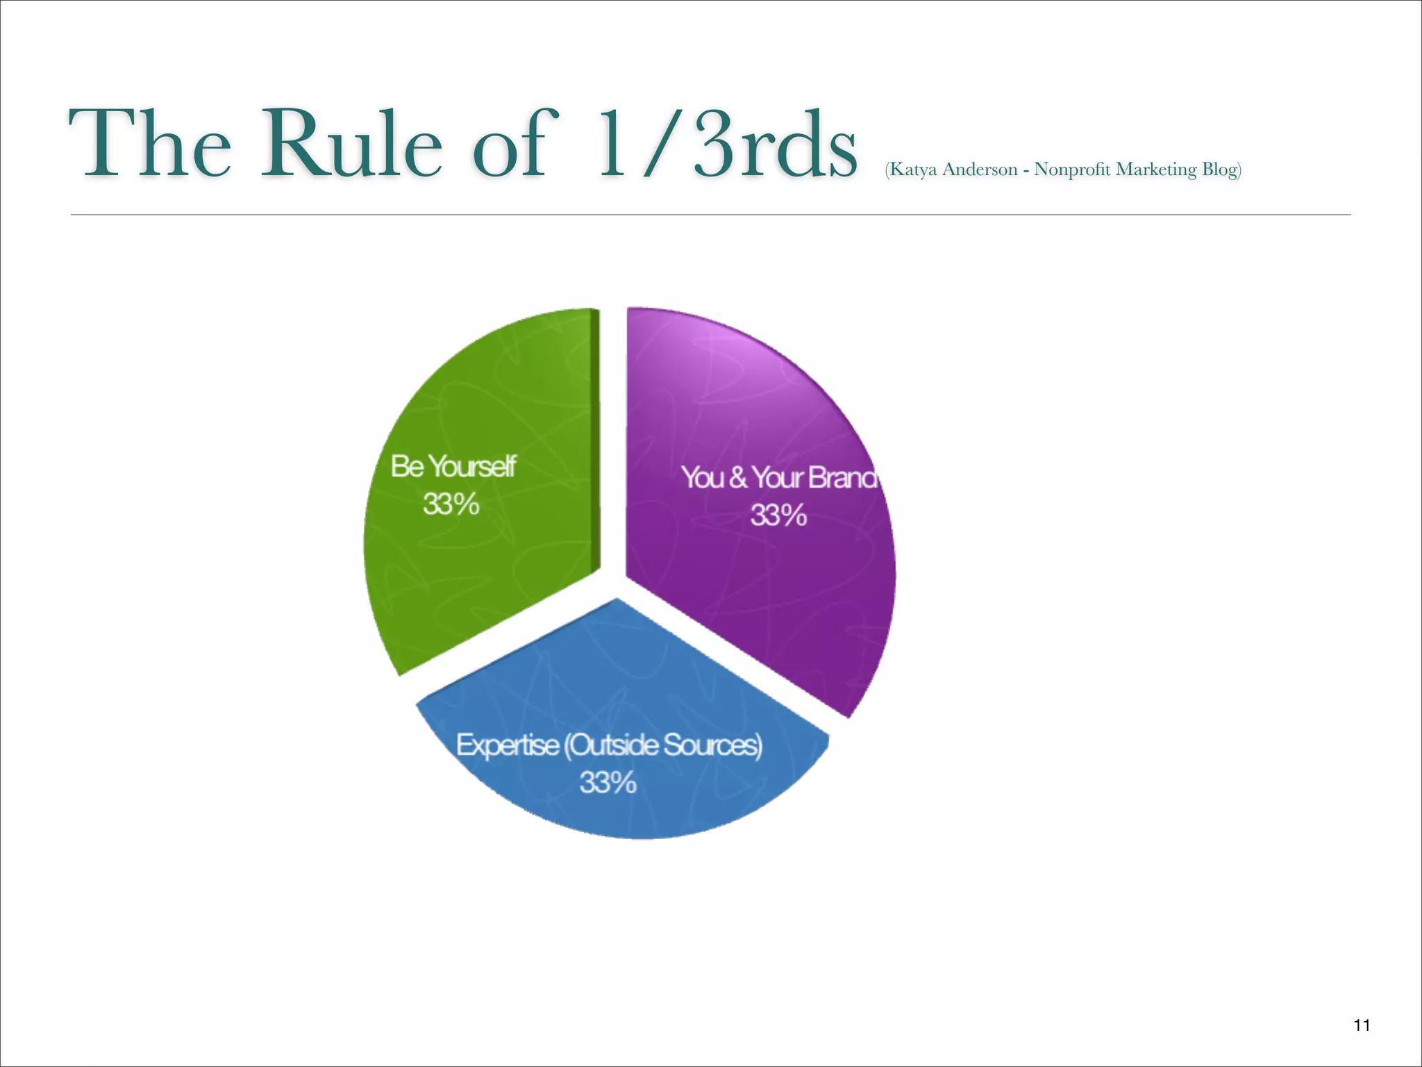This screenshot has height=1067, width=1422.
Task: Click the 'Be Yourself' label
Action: coord(453,466)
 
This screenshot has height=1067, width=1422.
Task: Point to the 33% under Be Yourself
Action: coord(451,504)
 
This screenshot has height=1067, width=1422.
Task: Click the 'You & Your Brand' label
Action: coord(778,478)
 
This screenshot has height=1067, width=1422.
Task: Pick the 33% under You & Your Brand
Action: coord(778,515)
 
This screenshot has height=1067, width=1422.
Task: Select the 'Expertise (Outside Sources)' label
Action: coord(609,745)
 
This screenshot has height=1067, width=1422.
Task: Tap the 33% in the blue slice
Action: coord(608,783)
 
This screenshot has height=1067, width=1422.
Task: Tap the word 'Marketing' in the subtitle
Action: coord(1156,170)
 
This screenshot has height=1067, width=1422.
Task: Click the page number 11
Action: coord(1362,1025)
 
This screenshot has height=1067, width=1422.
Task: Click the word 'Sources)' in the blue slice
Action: coord(712,745)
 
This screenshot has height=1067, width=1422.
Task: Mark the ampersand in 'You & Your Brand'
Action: coord(738,478)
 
